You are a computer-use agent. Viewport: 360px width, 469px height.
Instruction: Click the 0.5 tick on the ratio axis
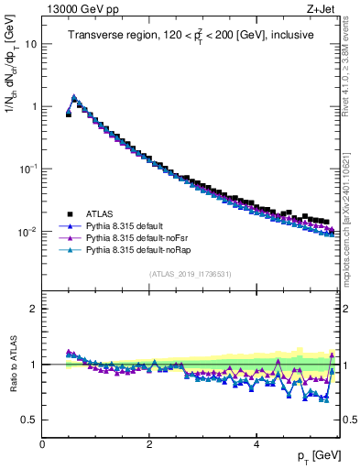pyautogui.click(x=29, y=420)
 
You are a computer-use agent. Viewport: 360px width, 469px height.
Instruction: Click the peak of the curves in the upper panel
pyautogui.click(x=74, y=96)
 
